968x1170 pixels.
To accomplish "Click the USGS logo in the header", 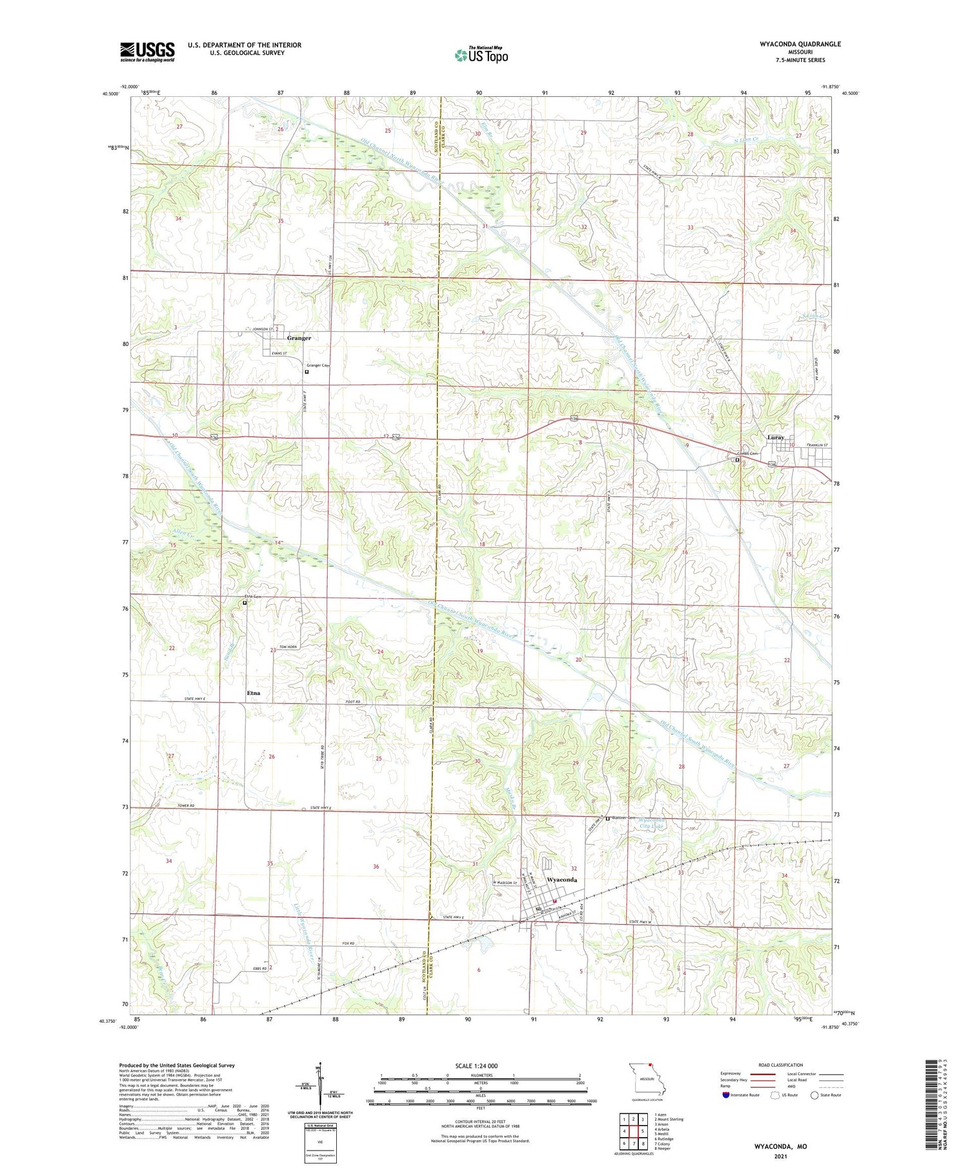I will pyautogui.click(x=147, y=52).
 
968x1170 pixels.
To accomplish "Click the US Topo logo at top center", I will pyautogui.click(x=481, y=55).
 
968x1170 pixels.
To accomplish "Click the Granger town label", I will pyautogui.click(x=299, y=338).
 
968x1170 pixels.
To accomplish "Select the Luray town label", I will pyautogui.click(x=775, y=438).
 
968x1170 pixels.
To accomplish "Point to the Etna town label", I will pyautogui.click(x=254, y=692).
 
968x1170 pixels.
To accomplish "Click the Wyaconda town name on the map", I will pyautogui.click(x=562, y=880).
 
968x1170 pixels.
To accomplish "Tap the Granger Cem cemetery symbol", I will pyautogui.click(x=307, y=372).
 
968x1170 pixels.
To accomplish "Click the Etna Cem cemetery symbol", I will pyautogui.click(x=245, y=603).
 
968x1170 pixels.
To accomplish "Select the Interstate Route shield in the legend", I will pyautogui.click(x=727, y=1095).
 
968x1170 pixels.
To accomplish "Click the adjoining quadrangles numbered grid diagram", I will pyautogui.click(x=634, y=1125).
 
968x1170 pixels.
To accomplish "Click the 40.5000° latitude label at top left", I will pyautogui.click(x=110, y=94).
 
